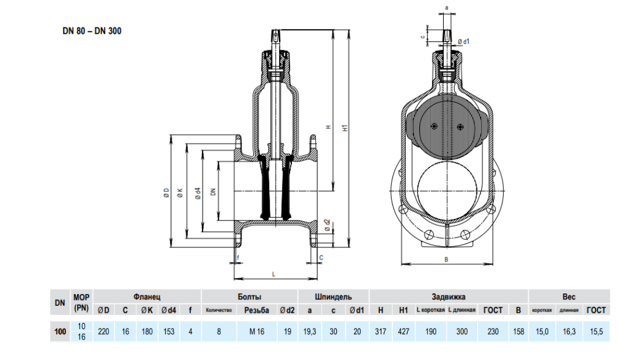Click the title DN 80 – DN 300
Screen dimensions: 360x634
92,31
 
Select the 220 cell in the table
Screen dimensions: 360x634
103,331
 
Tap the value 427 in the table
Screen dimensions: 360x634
403,331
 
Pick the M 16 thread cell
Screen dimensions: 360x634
257,331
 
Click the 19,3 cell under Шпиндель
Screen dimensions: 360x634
310,331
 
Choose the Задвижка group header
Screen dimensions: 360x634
448,296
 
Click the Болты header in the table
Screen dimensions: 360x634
249,296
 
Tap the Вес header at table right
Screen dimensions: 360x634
569,296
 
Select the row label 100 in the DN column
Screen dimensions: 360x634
60,331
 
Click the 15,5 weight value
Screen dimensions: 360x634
596,331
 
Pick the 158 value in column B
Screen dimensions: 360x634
518,331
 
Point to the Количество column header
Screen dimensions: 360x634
220,310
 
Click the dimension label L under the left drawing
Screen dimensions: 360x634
273,274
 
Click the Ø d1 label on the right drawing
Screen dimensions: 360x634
464,41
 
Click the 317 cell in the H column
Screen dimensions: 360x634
381,331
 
